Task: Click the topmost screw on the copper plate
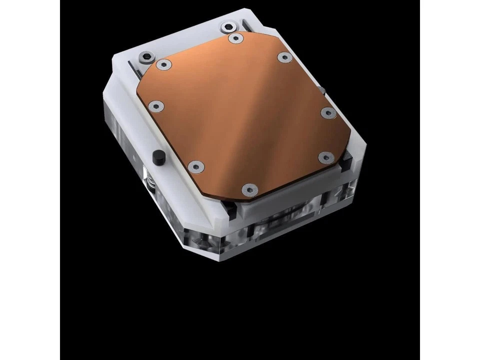234,37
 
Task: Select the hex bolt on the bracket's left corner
145,57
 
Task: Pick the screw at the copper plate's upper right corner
285,57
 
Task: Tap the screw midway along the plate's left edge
156,105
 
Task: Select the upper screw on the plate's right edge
326,112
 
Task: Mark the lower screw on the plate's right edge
324,158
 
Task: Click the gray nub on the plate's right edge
322,90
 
